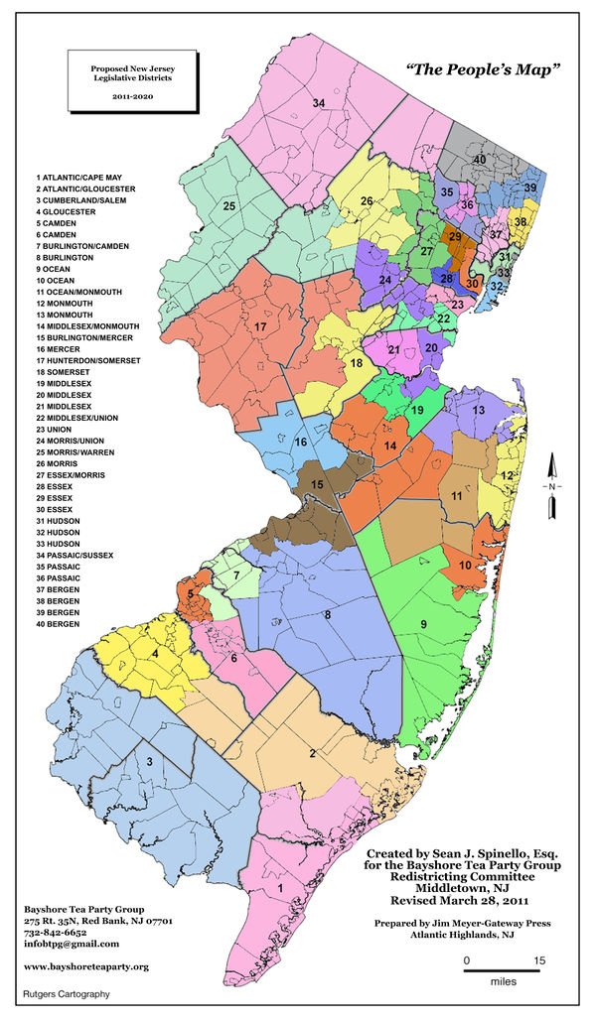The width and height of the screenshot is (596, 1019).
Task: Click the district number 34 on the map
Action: tap(318, 103)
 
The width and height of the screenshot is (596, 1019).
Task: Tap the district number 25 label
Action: tap(228, 205)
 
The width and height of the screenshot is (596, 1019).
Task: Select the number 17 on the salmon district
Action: tap(260, 326)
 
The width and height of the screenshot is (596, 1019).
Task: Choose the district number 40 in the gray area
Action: tap(479, 159)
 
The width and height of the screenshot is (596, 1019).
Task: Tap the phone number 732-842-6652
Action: tap(58, 934)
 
